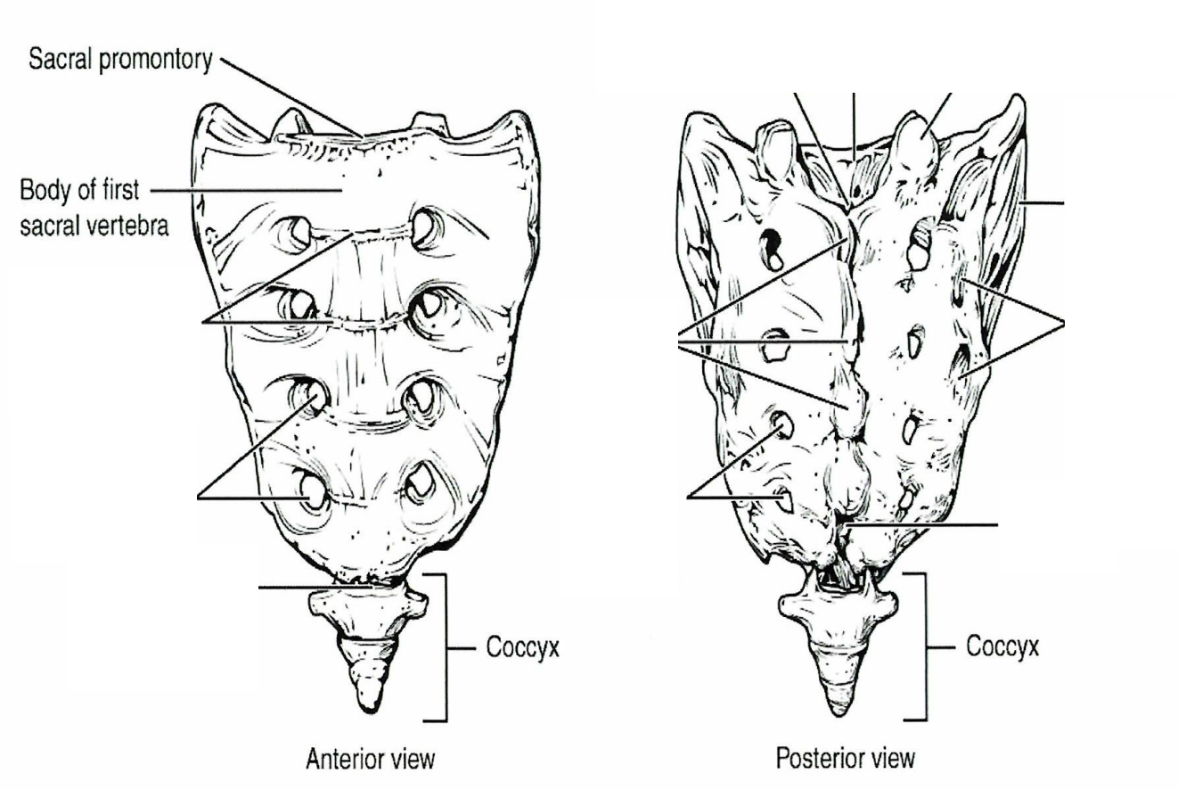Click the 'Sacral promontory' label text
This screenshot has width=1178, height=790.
[120, 60]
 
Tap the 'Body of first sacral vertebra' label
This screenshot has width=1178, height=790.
[94, 208]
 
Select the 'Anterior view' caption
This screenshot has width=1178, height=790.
[371, 759]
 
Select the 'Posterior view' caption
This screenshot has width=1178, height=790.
[846, 759]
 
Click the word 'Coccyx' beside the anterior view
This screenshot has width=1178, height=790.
[522, 647]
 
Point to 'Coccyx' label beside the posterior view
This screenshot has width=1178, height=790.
[1002, 646]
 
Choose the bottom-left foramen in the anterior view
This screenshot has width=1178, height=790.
[315, 492]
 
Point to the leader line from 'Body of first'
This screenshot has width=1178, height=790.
[247, 191]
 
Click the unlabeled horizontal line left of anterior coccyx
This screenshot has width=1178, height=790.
[315, 587]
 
